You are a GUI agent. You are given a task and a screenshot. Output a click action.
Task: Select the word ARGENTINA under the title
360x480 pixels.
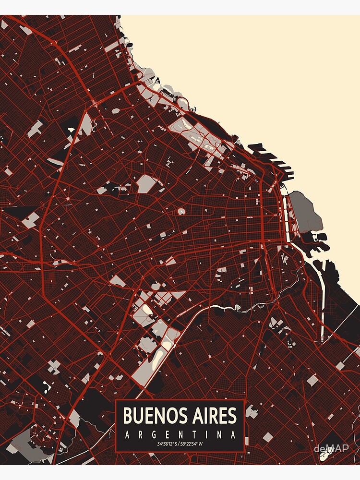[180, 435]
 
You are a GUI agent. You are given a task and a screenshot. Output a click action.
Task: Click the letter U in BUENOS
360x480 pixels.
[137, 415]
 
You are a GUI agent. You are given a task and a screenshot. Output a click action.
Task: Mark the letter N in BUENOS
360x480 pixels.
[155, 415]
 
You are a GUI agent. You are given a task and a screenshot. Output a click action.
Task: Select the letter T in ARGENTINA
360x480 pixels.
[194, 435]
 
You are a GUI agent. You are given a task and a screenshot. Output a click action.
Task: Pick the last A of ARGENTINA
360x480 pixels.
[234, 435]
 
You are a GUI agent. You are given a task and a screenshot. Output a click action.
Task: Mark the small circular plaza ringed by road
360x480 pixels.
[181, 211]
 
